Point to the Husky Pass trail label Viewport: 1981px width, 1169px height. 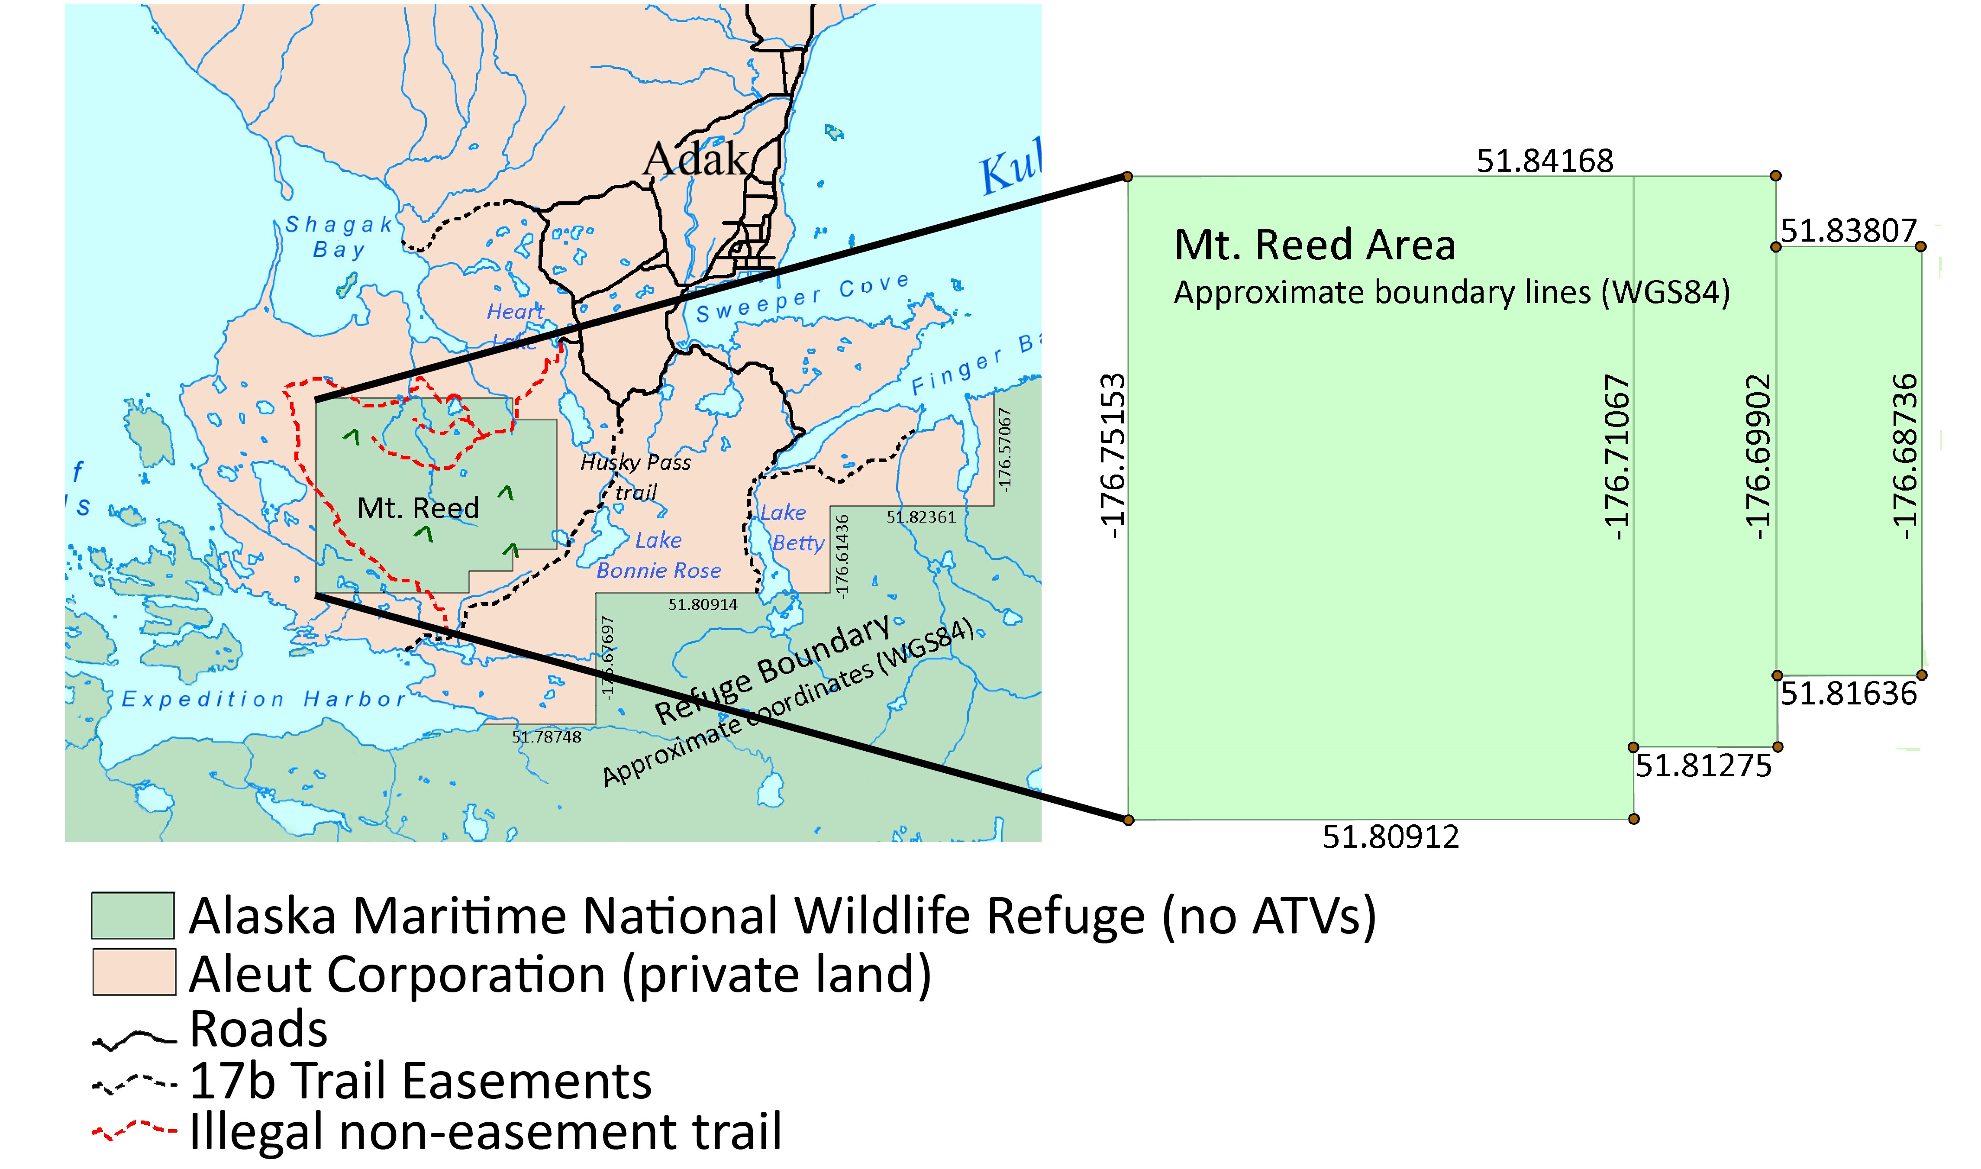click(635, 477)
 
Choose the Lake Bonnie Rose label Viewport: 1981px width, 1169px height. click(658, 555)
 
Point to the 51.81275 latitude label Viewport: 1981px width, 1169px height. click(1703, 765)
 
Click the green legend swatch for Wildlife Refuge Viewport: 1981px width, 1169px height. click(132, 915)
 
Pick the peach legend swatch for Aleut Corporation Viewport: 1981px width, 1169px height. click(134, 972)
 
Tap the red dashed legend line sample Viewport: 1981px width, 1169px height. click(134, 1131)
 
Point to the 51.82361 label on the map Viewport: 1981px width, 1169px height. click(921, 517)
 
